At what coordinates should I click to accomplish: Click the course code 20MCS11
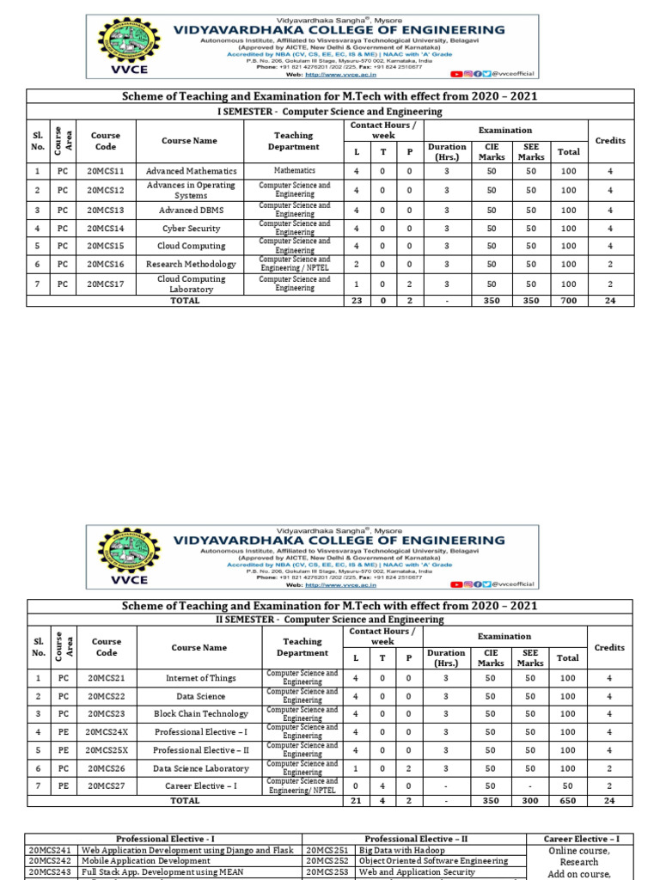pos(106,171)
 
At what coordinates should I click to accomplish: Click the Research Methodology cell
pos(191,265)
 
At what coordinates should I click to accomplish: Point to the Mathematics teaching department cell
pos(294,171)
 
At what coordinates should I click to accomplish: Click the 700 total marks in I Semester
pos(568,301)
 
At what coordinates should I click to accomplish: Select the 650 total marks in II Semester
pos(567,800)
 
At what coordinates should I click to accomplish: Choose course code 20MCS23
pos(106,714)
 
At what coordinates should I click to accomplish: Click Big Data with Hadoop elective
pos(401,850)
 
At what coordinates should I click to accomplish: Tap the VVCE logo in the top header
pos(126,47)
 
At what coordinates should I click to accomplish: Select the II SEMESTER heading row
pos(329,619)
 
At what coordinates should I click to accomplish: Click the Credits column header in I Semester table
pos(610,140)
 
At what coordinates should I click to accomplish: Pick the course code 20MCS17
pos(106,284)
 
